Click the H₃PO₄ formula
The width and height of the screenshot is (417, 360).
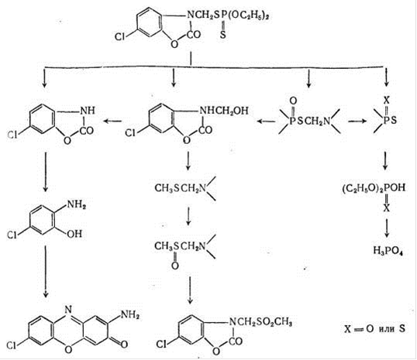(388, 251)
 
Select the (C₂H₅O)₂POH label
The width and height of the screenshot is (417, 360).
(374, 188)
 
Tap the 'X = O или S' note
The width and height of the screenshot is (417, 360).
(374, 329)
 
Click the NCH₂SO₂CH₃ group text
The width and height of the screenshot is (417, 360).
(260, 323)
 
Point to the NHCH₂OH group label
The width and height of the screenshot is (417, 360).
(224, 110)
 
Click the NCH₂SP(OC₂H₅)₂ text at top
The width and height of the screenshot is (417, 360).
(228, 15)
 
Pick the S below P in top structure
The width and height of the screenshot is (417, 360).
(223, 35)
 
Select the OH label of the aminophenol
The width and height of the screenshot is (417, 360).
(74, 234)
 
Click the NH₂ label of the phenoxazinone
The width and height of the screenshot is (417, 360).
(130, 315)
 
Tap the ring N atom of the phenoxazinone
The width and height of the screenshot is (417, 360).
(69, 309)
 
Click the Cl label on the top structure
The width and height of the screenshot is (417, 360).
(119, 36)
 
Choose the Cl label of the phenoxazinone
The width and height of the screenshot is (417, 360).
(12, 345)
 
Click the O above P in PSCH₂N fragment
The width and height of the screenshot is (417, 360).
(293, 101)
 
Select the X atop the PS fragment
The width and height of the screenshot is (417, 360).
(387, 100)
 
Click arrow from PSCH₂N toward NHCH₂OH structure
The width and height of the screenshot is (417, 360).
(266, 122)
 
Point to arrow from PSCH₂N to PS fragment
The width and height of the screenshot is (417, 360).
(357, 122)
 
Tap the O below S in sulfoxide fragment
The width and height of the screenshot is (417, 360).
(174, 265)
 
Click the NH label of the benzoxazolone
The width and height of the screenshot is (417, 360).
(88, 110)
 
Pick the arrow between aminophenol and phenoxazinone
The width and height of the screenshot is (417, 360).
(46, 271)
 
